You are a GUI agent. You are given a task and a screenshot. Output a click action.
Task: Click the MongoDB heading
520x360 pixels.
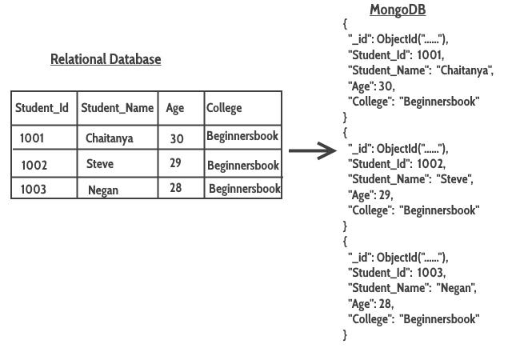397,10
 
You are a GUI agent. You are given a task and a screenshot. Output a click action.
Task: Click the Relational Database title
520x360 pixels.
106,59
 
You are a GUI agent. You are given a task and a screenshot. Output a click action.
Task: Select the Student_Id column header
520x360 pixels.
42,108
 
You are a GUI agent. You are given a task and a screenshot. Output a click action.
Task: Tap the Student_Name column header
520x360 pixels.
117,108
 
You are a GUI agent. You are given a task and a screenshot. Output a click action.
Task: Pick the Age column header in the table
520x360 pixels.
175,108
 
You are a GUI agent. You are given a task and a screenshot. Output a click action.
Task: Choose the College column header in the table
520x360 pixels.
224,108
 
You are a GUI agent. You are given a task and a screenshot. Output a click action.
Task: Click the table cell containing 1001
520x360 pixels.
32,138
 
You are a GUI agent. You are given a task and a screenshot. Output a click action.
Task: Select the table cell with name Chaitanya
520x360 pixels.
110,138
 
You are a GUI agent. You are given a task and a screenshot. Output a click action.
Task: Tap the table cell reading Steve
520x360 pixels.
100,164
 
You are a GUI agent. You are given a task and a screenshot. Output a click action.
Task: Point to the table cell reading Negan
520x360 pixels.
103,190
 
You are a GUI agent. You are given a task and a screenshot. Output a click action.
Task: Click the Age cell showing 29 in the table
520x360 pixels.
175,163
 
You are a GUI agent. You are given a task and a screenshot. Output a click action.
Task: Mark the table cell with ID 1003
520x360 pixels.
34,190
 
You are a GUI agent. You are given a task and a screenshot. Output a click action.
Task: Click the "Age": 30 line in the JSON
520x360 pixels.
371,86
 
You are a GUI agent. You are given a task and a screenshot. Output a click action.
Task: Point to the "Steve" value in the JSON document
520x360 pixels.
454,179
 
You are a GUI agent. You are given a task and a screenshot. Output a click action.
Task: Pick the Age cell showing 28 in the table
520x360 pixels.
175,189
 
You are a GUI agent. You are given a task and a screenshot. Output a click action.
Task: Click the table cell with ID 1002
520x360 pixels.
34,165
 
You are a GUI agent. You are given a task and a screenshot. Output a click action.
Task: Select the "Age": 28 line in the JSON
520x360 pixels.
371,304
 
